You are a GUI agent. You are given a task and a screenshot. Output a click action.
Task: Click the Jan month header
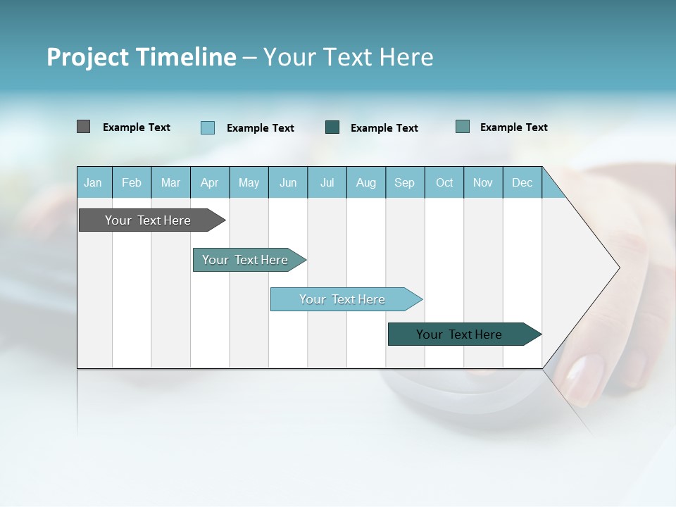pos(93,183)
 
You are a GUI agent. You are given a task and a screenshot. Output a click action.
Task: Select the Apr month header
pos(209,183)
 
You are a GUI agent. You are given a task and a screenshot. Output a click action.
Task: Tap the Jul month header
pos(327,183)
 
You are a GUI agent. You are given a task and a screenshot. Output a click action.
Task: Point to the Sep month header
pos(404,183)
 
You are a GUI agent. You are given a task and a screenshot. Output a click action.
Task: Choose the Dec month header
pos(522,183)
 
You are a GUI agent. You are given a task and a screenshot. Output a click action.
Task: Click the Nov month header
pos(482,183)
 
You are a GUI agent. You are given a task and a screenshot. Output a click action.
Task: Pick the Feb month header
pos(132,183)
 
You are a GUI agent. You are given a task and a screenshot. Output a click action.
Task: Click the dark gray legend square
pos(83,127)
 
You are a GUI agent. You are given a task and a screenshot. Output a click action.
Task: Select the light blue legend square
pos(208,127)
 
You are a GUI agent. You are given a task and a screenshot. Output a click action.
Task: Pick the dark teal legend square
pos(332,127)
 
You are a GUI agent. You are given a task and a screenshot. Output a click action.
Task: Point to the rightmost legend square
pos(463,127)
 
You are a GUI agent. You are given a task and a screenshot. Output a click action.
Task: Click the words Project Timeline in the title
pos(141,57)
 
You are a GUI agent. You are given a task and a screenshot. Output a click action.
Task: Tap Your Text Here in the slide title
pos(349,57)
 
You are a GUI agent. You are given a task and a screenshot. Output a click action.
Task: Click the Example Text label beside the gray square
pos(137,127)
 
